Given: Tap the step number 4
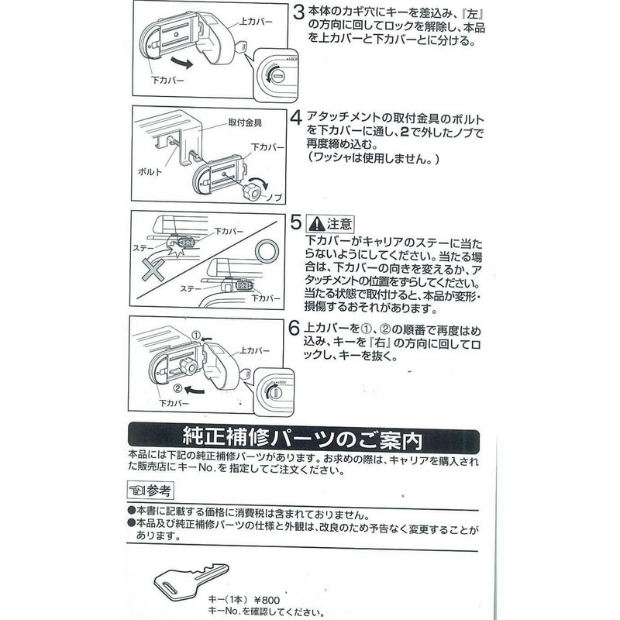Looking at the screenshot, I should click(x=296, y=122).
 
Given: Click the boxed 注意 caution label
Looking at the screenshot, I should click(x=330, y=224).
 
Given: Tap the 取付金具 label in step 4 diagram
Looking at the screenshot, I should click(x=244, y=123).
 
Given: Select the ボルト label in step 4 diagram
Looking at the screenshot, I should click(x=149, y=171).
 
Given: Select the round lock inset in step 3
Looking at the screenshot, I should click(x=275, y=72).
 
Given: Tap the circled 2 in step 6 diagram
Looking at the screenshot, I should click(x=178, y=388).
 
